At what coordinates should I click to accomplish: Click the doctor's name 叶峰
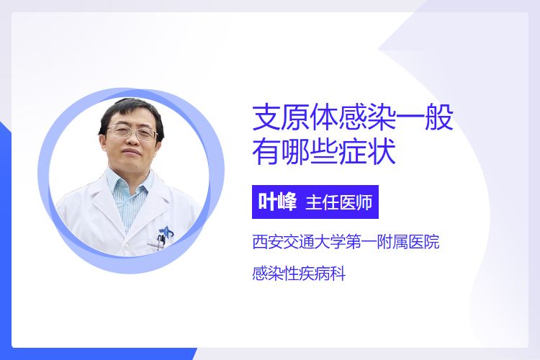pos(277,202)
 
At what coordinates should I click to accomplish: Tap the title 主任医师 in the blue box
pos(339,202)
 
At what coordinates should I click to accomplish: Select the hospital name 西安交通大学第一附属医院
pos(346,241)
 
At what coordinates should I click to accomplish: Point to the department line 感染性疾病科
pos(299,274)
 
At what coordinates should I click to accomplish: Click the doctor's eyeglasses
pos(132,132)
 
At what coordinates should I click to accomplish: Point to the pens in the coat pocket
pos(160,242)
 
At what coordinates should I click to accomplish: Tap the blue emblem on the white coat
pos(166,232)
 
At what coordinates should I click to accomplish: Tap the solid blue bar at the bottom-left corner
pos(103,354)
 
